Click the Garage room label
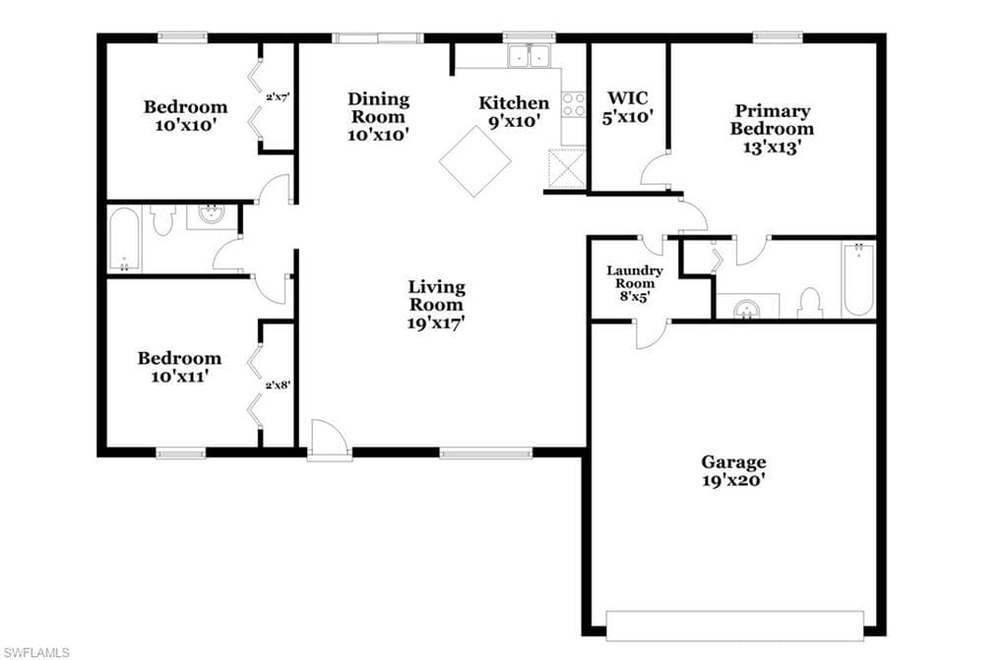(x=733, y=462)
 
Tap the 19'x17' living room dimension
(x=436, y=324)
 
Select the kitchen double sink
(x=529, y=56)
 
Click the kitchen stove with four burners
(x=574, y=104)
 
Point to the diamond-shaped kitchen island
(x=475, y=160)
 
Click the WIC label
(x=628, y=98)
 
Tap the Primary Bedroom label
(x=772, y=120)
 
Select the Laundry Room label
(x=635, y=277)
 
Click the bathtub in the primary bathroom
(x=858, y=279)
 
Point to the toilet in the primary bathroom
(x=810, y=303)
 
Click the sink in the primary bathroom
(x=746, y=309)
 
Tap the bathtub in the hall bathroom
(x=125, y=239)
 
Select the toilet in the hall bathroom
(x=163, y=219)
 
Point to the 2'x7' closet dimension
(x=278, y=97)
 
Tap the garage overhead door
(x=734, y=626)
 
